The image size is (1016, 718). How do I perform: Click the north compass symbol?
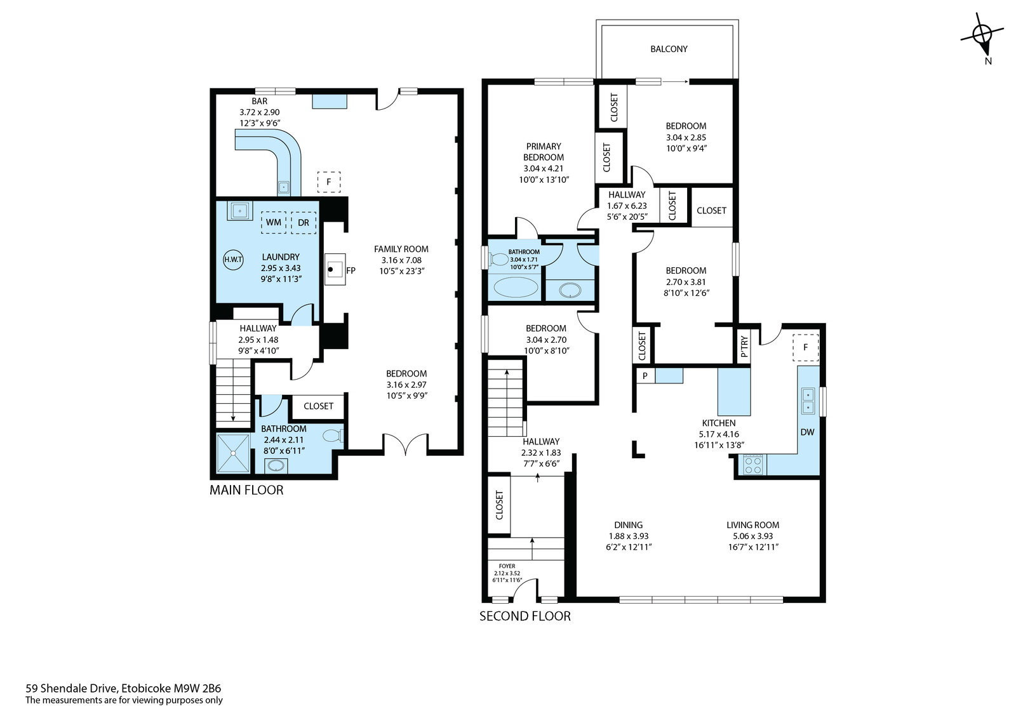[x=982, y=39]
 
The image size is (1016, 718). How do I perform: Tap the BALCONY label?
[x=669, y=49]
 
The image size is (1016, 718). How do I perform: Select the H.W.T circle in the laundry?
[x=233, y=260]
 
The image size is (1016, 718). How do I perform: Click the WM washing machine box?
[x=273, y=222]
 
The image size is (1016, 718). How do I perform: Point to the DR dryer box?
[x=304, y=223]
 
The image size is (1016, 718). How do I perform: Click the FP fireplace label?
[x=351, y=271]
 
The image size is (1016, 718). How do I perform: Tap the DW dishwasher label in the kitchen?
[x=807, y=432]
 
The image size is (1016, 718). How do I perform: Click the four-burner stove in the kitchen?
[x=753, y=465]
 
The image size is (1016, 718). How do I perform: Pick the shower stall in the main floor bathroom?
[x=233, y=453]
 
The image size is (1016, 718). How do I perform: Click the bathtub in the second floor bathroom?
[x=516, y=287]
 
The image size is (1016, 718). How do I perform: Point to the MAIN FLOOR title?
[x=246, y=490]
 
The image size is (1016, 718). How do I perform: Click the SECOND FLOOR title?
[x=525, y=616]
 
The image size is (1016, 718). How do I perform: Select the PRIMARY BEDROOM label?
[x=544, y=152]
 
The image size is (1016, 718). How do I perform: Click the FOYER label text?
[x=507, y=566]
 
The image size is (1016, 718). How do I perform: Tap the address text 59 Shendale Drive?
[x=72, y=688]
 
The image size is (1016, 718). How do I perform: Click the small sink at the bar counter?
[x=284, y=187]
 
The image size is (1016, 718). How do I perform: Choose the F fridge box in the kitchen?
[x=806, y=348]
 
